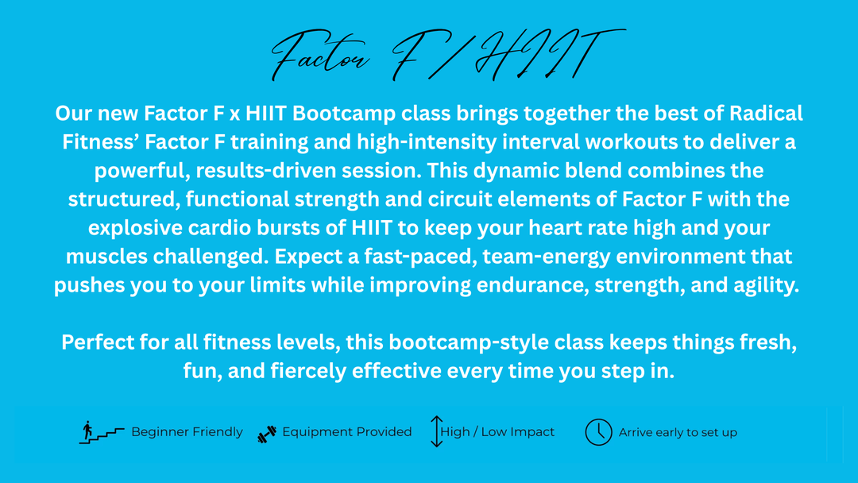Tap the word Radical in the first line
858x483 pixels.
[766, 114]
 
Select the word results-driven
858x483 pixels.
[308, 171]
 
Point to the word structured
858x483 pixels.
[124, 199]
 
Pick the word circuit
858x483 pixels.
[460, 199]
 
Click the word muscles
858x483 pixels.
[106, 257]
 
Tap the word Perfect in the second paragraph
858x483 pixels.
[98, 342]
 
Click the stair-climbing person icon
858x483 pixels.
[101, 432]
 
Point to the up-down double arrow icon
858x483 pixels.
[436, 431]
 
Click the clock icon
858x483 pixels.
[599, 432]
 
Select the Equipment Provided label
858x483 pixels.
[347, 432]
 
